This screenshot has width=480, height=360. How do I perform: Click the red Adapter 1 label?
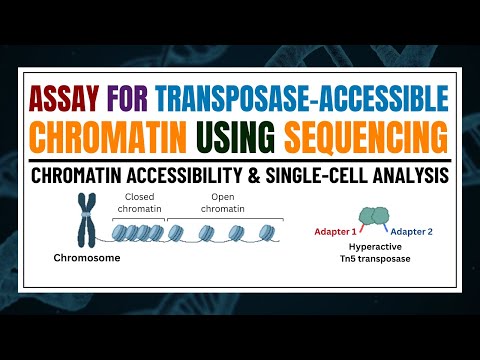(334, 228)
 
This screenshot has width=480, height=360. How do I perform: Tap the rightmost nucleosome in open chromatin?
(267, 233)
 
